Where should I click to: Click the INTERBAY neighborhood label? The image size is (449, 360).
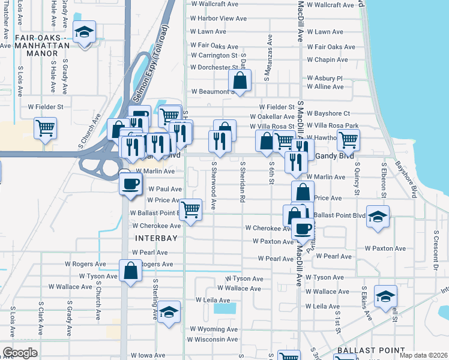click(x=156, y=238)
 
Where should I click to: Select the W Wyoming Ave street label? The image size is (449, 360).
click(x=214, y=329)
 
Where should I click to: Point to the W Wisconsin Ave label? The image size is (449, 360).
click(x=214, y=339)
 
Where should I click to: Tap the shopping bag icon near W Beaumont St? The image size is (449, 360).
click(x=240, y=80)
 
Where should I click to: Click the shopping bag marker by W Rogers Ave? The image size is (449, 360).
click(x=130, y=271)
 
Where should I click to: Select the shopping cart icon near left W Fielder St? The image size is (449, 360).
click(x=45, y=128)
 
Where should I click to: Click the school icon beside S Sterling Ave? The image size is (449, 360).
click(x=169, y=312)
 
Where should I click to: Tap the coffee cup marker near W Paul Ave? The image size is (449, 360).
click(x=130, y=183)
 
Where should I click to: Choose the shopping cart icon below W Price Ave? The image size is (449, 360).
click(x=190, y=210)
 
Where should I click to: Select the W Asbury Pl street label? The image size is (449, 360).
click(x=324, y=78)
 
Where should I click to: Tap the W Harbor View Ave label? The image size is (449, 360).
click(x=218, y=19)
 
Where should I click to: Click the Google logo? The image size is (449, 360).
click(x=20, y=353)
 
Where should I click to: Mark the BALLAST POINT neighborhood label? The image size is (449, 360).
click(x=364, y=350)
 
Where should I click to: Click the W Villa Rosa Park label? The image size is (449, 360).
click(x=333, y=125)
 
